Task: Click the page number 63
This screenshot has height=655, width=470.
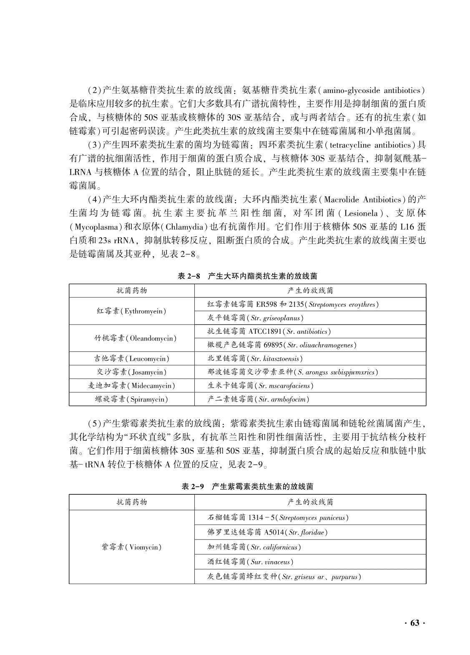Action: pyautogui.click(x=414, y=623)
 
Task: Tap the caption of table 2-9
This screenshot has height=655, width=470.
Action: pyautogui.click(x=247, y=486)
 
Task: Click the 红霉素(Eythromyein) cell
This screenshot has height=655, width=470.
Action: pyautogui.click(x=131, y=311)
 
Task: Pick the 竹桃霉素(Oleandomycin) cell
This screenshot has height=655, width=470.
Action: pyautogui.click(x=131, y=338)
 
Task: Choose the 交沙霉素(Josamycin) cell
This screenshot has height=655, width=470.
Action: pyautogui.click(x=131, y=372)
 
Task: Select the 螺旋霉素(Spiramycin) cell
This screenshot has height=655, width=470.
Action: pyautogui.click(x=131, y=399)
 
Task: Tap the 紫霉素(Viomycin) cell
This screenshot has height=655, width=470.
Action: pyautogui.click(x=131, y=547)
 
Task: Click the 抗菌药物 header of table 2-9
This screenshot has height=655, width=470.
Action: pyautogui.click(x=131, y=502)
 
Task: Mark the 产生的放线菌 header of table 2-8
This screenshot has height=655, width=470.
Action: pyautogui.click(x=310, y=291)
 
